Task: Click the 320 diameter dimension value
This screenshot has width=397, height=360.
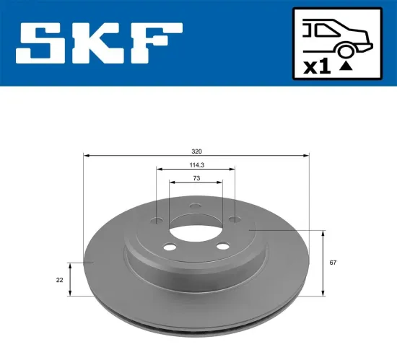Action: [x=196, y=151]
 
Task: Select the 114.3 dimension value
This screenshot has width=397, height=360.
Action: [x=196, y=165]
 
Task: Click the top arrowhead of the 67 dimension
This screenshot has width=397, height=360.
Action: [x=323, y=233]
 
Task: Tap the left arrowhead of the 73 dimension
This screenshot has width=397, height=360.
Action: [x=171, y=182]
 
